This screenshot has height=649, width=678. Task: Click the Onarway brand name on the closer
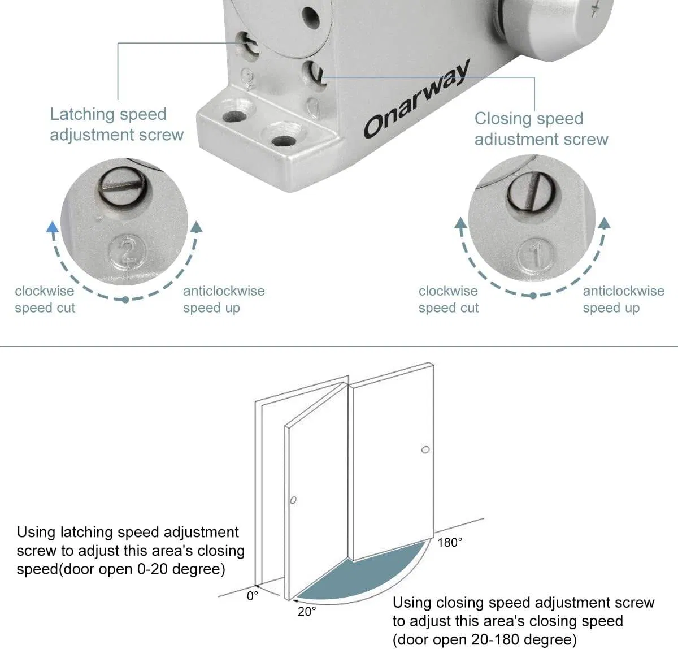(x=417, y=99)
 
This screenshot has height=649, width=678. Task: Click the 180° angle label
(x=450, y=543)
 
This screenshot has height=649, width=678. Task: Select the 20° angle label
(x=307, y=612)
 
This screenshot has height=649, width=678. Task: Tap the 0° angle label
(x=252, y=596)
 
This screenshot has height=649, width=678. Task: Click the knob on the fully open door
(x=425, y=450)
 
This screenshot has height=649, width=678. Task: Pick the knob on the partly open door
(x=293, y=500)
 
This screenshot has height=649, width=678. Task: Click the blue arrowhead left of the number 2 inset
(x=52, y=228)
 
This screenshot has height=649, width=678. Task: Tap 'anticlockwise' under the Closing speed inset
(x=623, y=291)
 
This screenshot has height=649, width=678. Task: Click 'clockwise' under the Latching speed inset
(x=44, y=291)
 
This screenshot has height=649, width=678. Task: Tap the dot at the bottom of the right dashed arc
(x=533, y=296)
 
